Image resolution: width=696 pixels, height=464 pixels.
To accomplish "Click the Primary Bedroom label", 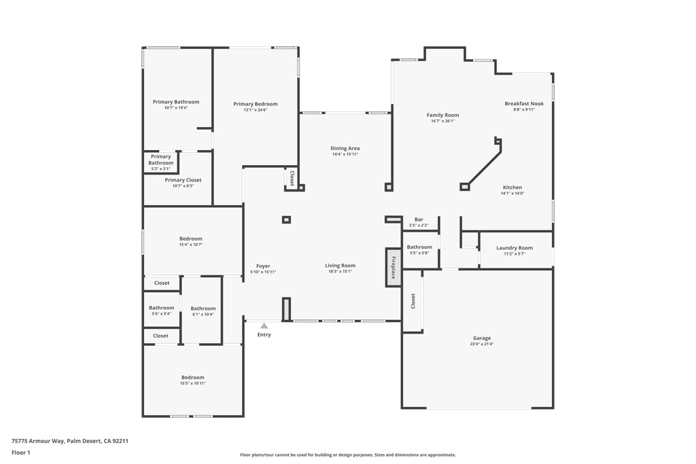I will point(256,104).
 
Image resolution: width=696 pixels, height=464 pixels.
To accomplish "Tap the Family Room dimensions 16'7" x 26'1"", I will point(442,121).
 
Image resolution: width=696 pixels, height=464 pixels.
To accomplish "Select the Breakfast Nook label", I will point(524,104).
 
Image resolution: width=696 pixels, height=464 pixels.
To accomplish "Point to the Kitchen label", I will point(512,188).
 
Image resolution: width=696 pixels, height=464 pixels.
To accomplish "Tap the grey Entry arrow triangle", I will point(264,326).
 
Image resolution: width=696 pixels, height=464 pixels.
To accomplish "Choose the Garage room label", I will point(482,338).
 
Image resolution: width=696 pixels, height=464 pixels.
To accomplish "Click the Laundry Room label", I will point(515,248).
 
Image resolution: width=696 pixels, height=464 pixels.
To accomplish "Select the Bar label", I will point(419,219).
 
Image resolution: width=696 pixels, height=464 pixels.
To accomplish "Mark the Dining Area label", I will point(345,148).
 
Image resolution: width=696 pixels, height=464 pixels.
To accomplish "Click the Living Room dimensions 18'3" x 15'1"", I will point(340,272).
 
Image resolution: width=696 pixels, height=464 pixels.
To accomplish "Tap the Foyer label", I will point(263,266).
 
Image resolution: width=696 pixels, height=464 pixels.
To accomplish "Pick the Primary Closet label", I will point(183,180).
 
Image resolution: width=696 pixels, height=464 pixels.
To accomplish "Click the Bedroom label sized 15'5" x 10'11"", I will point(192,377).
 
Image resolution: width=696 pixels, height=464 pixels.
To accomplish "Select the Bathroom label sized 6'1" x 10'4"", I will point(203,308).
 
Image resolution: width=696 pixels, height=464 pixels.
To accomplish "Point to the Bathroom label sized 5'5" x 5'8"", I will point(419,247).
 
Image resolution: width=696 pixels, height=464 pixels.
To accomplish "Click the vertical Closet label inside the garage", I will point(413,301).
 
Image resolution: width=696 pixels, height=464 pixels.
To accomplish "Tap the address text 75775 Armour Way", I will point(37,441).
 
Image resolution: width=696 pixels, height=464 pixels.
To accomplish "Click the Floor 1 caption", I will point(21,452).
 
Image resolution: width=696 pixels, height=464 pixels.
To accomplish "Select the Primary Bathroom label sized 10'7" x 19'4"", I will point(176,102).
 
